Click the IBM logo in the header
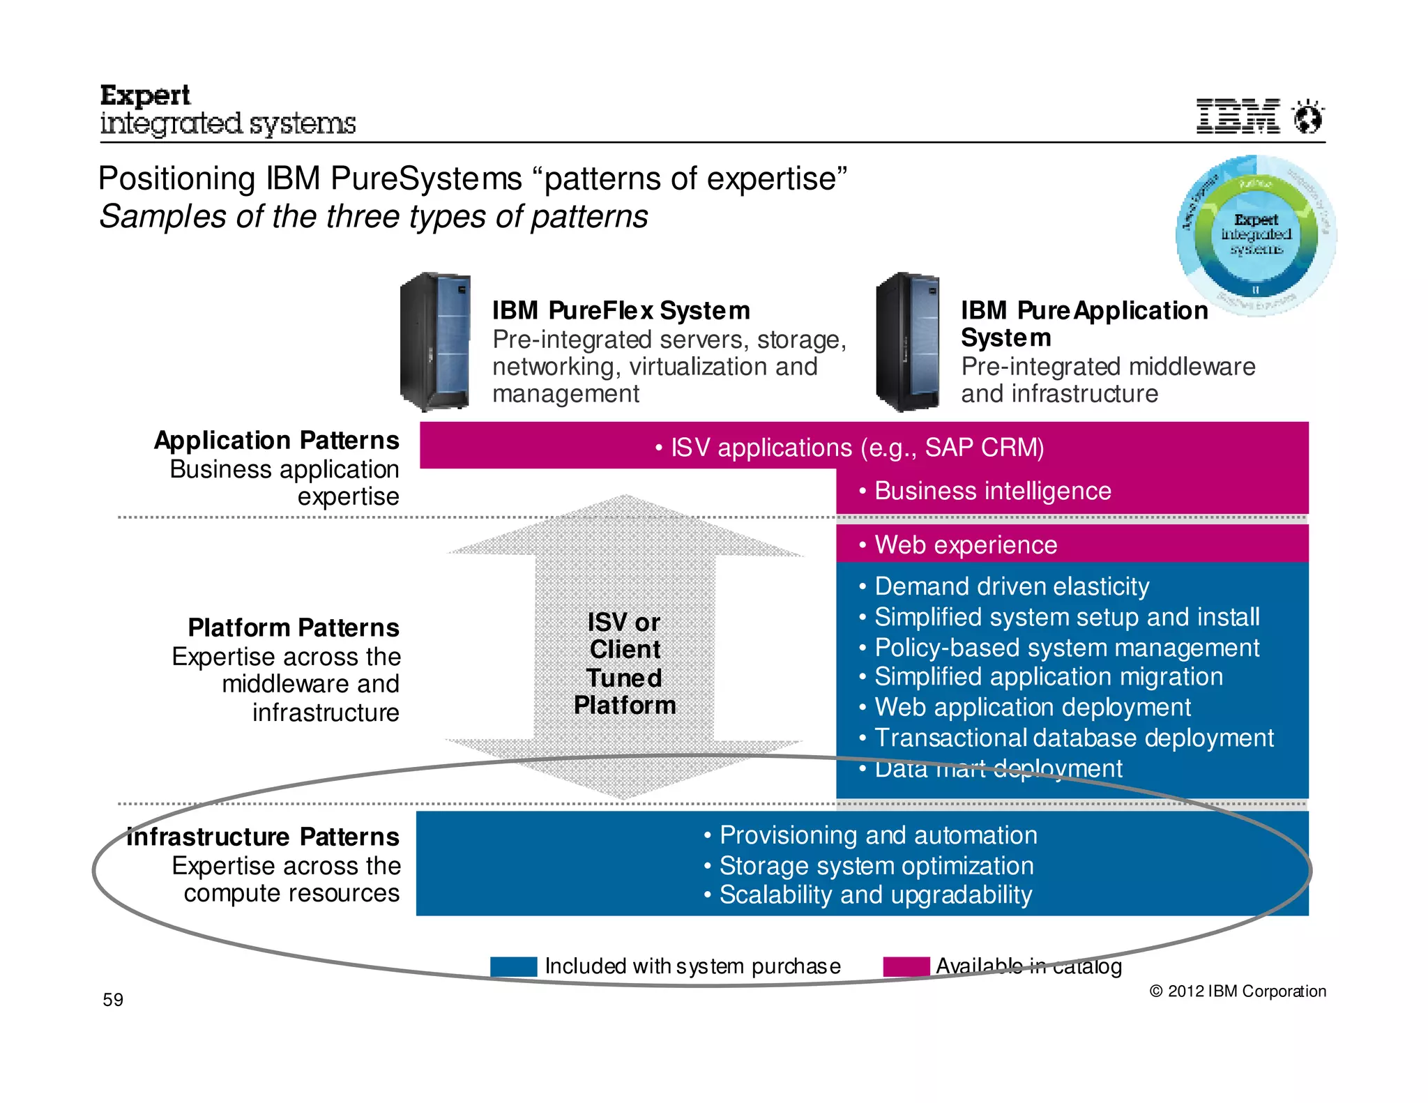1238,116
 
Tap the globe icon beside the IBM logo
1308,116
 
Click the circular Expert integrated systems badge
1256,235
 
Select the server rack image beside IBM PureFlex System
435,342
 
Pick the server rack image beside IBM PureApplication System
909,342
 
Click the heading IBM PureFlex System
621,310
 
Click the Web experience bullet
965,545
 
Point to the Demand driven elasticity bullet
1010,586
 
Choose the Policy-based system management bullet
1066,648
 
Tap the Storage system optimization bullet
875,865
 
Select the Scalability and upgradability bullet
874,895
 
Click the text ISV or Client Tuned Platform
625,663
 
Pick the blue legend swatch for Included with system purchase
513,966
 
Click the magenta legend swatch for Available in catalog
906,966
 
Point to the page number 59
113,1000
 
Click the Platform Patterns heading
294,627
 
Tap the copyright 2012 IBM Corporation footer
1237,991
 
